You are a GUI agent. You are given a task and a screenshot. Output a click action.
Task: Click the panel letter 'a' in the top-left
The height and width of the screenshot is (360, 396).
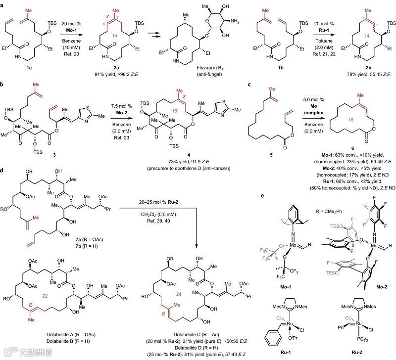click(3, 4)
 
